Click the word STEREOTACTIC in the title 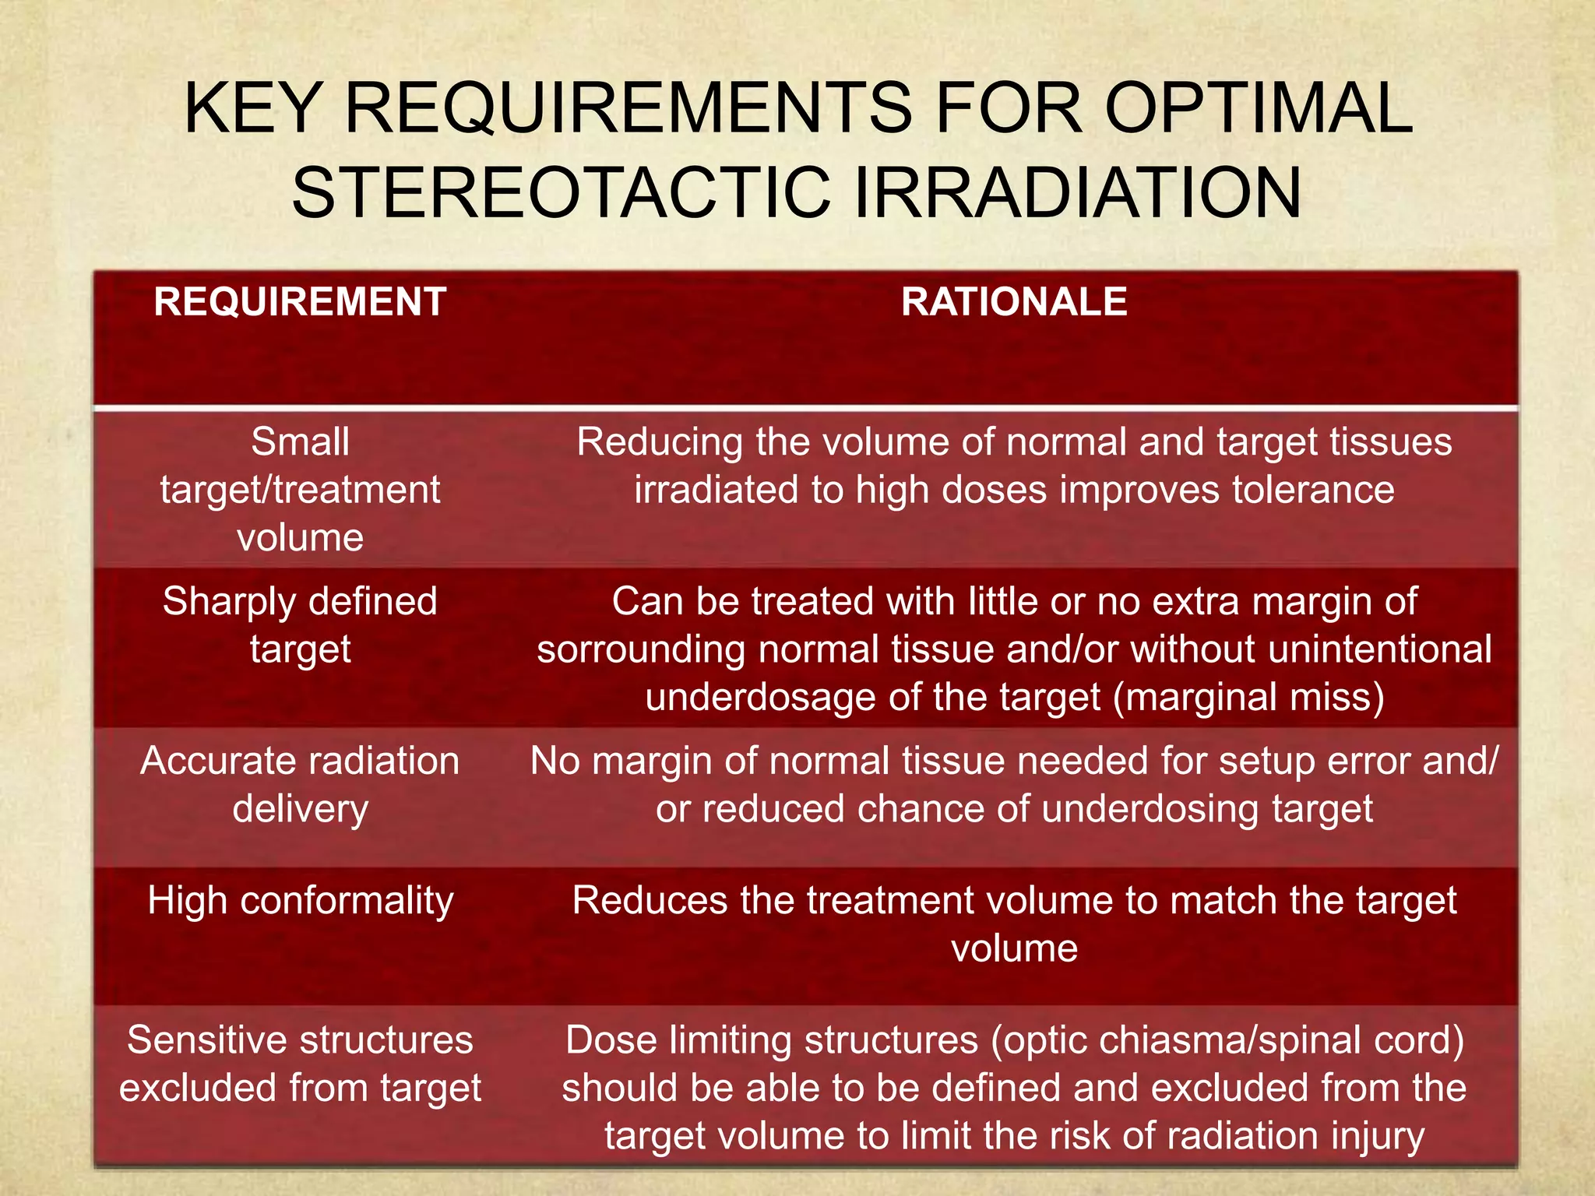tap(561, 192)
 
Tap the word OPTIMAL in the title tap(1257, 109)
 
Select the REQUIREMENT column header tap(300, 302)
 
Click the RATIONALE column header tap(1014, 302)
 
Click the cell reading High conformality tap(300, 901)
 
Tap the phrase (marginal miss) tap(1248, 697)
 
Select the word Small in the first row tap(300, 442)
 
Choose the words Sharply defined tap(300, 602)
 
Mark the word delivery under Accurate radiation tap(300, 809)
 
